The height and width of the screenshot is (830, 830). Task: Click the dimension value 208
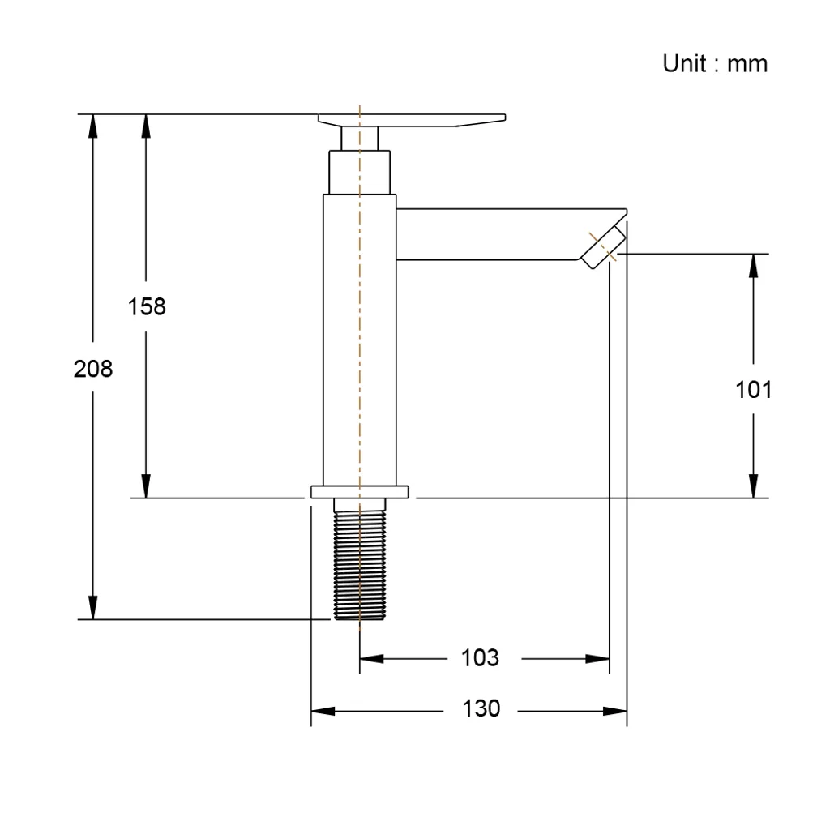point(93,369)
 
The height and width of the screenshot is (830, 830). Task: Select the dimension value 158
point(147,306)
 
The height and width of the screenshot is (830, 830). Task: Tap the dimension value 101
point(753,390)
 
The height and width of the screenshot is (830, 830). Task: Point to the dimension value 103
point(480,658)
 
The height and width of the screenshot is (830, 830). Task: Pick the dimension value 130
point(481,708)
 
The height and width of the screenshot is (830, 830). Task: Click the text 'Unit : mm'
point(715,63)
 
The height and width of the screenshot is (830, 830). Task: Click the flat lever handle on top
point(412,120)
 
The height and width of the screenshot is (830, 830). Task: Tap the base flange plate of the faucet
point(359,492)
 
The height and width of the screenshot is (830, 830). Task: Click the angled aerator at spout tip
point(603,246)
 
